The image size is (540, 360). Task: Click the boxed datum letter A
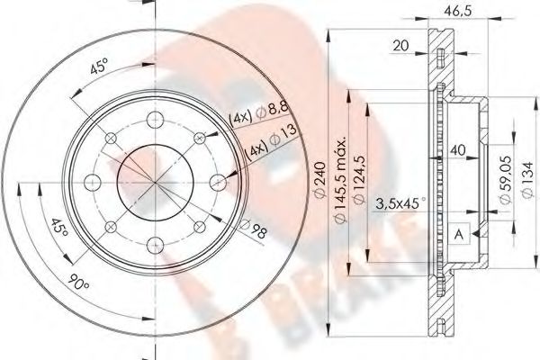tap(459, 232)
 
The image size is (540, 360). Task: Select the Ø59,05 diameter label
tap(506, 184)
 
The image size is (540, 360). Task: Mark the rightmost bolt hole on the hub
tap(215, 182)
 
